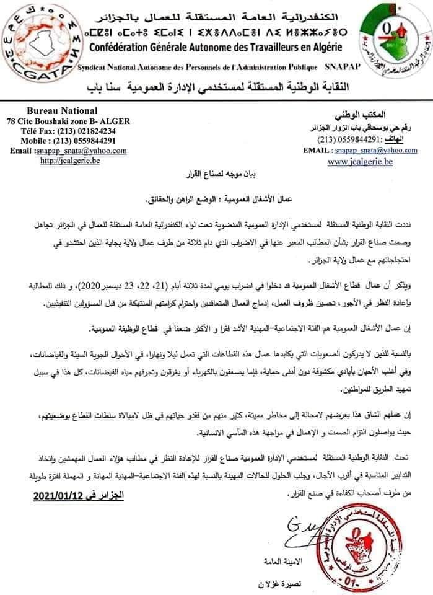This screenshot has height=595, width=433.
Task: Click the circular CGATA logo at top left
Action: coord(38,42)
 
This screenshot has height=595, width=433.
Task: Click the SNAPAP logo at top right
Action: coord(390,42)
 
